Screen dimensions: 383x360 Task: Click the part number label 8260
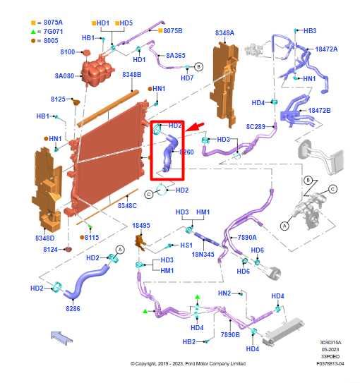pyautogui.click(x=186, y=152)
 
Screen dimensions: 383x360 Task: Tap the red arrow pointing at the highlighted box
pyautogui.click(x=200, y=126)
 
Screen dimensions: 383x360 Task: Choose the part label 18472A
pyautogui.click(x=326, y=49)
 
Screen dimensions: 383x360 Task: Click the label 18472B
pyautogui.click(x=318, y=111)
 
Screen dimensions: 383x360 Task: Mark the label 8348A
pyautogui.click(x=224, y=32)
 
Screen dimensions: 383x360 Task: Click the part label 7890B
pyautogui.click(x=231, y=334)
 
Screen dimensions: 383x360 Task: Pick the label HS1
pyautogui.click(x=186, y=245)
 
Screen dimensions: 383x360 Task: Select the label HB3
pyautogui.click(x=309, y=31)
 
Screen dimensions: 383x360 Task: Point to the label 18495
pyautogui.click(x=141, y=226)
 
